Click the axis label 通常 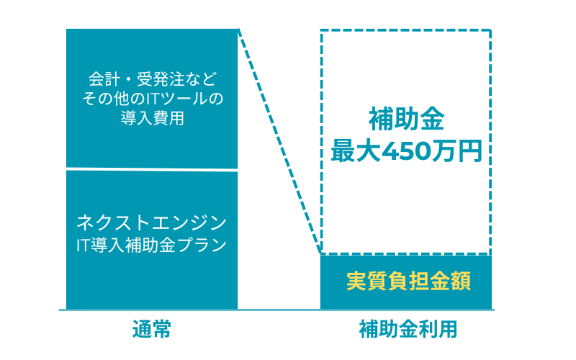click(152, 329)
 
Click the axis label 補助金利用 click(408, 329)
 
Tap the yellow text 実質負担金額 click(408, 282)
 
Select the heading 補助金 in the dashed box click(407, 119)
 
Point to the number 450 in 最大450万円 click(406, 151)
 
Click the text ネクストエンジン click(151, 222)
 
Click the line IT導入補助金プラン click(151, 245)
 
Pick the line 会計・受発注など click(153, 79)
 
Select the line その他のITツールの click(153, 99)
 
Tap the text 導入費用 click(153, 118)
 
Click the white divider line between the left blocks click(152, 169)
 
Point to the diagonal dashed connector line click(279, 141)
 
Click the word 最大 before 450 click(356, 151)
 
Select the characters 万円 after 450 click(456, 151)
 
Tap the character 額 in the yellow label click(461, 282)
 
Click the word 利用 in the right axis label click(438, 329)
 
